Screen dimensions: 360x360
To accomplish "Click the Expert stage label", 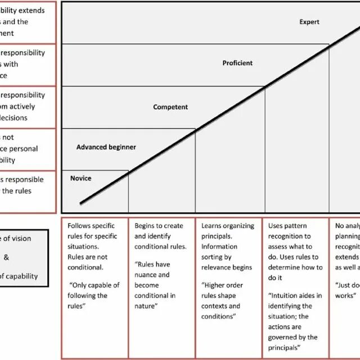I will point(309,22).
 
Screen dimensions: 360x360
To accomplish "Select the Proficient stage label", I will point(237,64).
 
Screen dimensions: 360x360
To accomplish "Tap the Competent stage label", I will point(170,107).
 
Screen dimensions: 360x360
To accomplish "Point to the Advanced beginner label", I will point(106,147).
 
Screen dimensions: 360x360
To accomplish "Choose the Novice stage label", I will point(80,178).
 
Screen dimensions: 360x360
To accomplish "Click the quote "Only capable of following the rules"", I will point(94,295).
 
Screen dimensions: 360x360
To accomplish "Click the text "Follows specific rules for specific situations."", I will point(93,236).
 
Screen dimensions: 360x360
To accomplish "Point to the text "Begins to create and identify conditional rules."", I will point(160,236).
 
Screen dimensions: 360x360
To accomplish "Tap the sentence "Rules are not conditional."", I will point(84,262).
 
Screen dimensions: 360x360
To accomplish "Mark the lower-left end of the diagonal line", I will point(81,203).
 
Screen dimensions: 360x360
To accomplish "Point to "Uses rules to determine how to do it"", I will point(295,268).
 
